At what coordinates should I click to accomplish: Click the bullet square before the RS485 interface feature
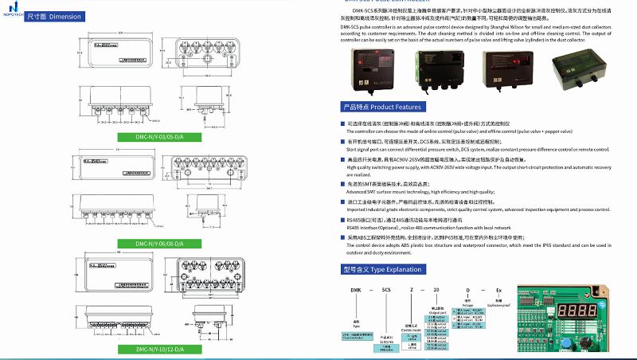click(x=342, y=217)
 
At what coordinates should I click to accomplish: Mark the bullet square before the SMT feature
click(x=342, y=184)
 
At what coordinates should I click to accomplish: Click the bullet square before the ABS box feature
click(x=342, y=237)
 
